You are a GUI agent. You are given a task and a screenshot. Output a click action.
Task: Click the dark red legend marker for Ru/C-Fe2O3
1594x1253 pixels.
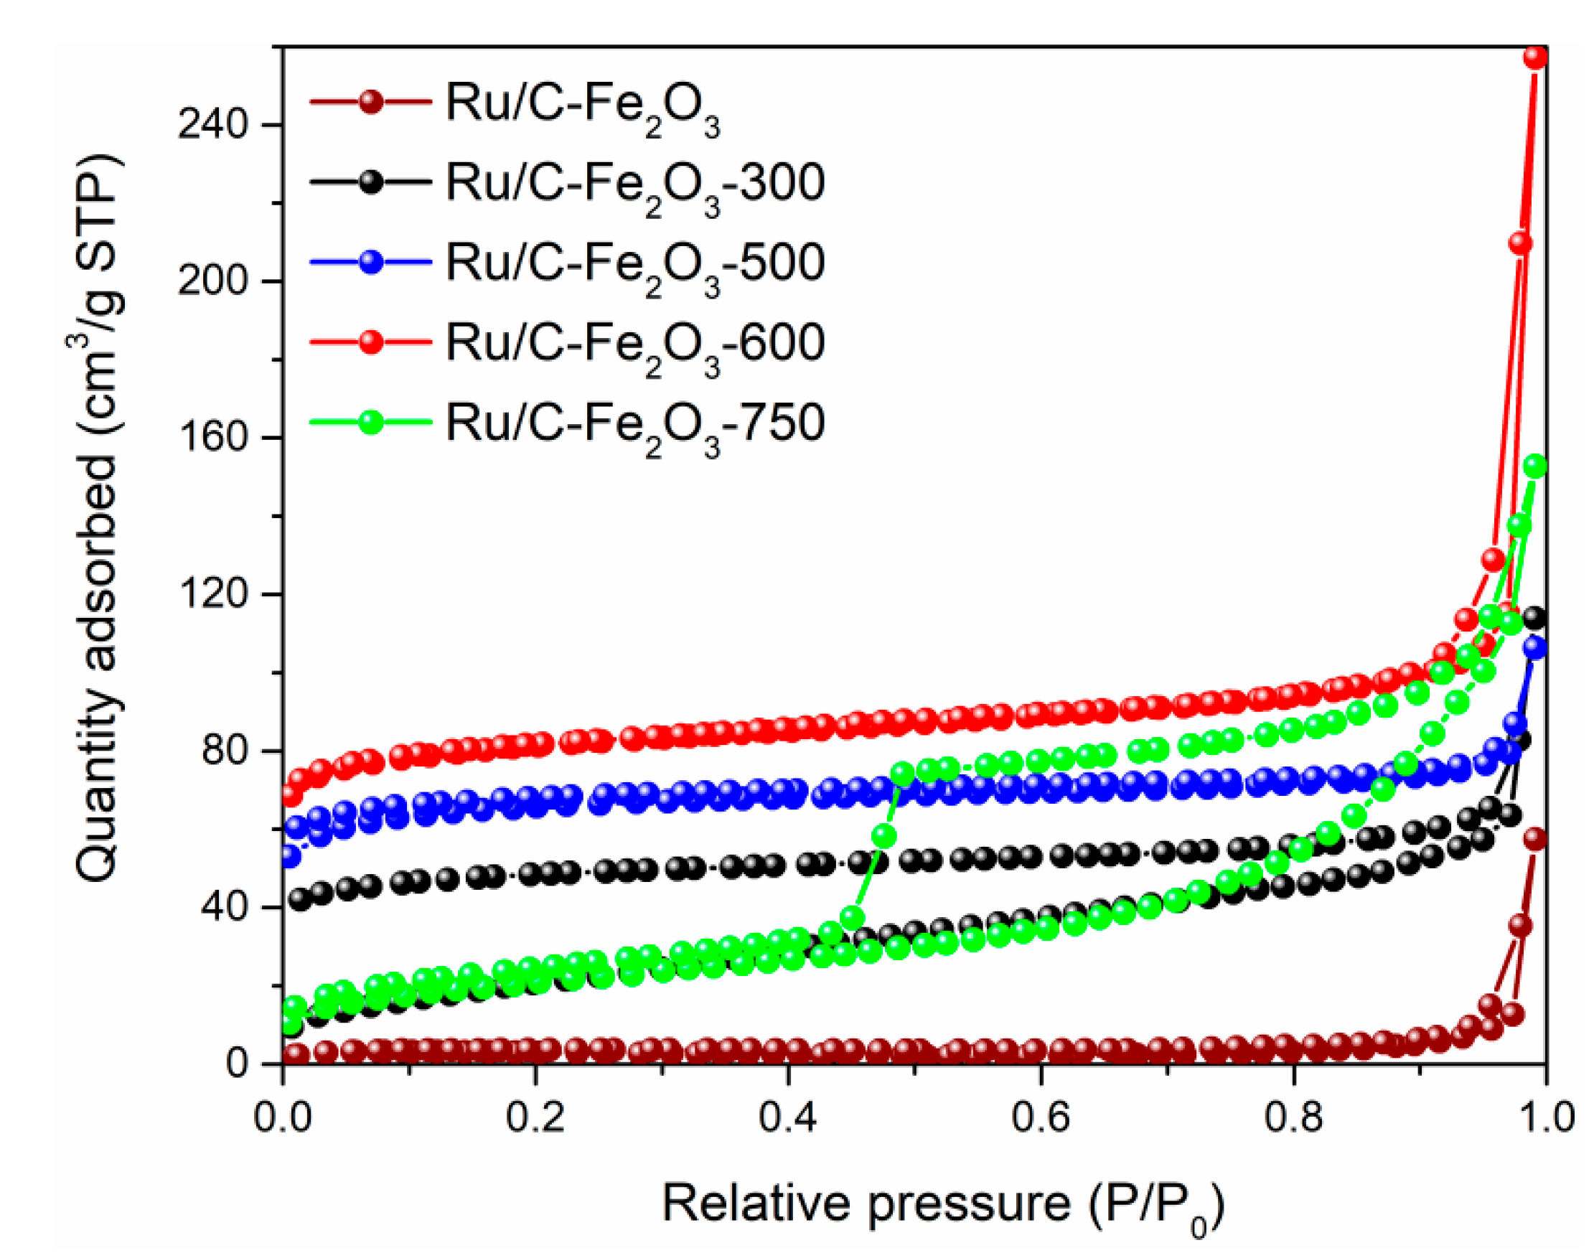[x=372, y=101]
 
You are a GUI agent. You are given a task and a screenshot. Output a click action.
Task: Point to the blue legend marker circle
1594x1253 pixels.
[x=372, y=262]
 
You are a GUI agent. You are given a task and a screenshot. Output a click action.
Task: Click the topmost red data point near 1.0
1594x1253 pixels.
[x=1535, y=57]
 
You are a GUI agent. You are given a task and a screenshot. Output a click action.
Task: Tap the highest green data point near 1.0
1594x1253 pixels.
[x=1535, y=466]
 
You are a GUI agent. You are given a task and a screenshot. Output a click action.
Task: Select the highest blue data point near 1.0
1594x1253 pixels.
[x=1534, y=648]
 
